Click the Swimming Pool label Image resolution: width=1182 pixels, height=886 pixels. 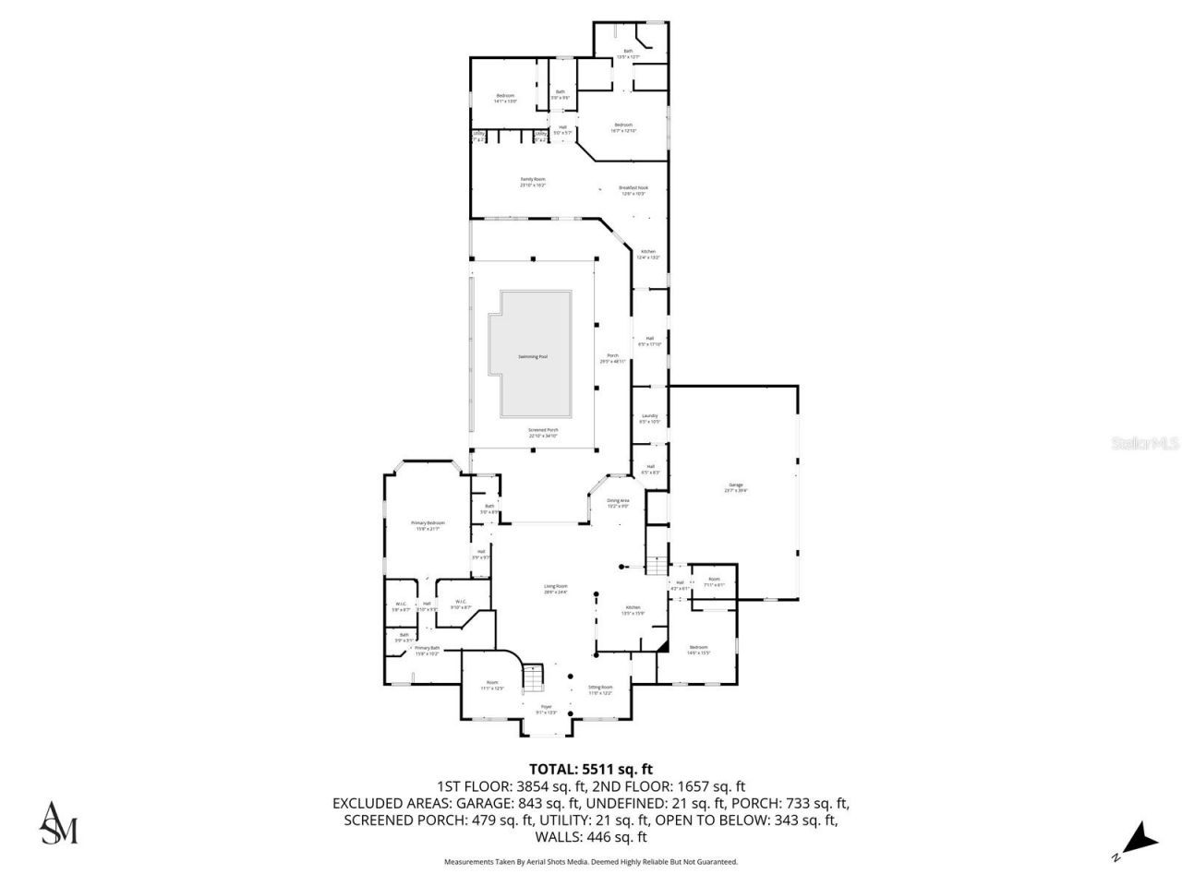point(532,356)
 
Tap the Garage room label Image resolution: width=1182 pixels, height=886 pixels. point(736,487)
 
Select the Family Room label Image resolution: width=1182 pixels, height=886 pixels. point(533,182)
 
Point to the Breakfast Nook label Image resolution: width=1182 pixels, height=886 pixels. point(633,190)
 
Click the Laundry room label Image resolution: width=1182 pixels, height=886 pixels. point(650,418)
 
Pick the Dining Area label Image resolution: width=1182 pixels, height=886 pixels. point(618,503)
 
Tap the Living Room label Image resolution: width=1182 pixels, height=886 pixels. point(555,589)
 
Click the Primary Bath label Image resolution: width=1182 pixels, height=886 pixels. point(427,651)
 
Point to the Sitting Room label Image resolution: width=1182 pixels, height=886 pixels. point(601,689)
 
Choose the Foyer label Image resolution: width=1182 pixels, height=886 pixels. point(547,709)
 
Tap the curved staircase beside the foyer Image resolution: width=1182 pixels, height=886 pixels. point(535,677)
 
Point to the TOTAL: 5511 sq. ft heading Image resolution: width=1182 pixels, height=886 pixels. point(590,768)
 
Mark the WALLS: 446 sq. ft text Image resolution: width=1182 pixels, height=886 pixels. point(591,838)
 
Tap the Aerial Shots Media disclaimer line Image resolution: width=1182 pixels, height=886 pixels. point(591,862)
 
